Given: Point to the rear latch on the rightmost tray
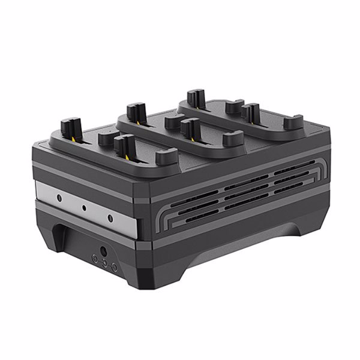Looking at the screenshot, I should pos(193,97).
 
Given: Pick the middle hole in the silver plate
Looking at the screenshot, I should pos(85,208).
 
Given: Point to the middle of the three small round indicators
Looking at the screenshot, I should pos(103,263).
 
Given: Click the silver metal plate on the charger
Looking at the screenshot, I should pos(90,207).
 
